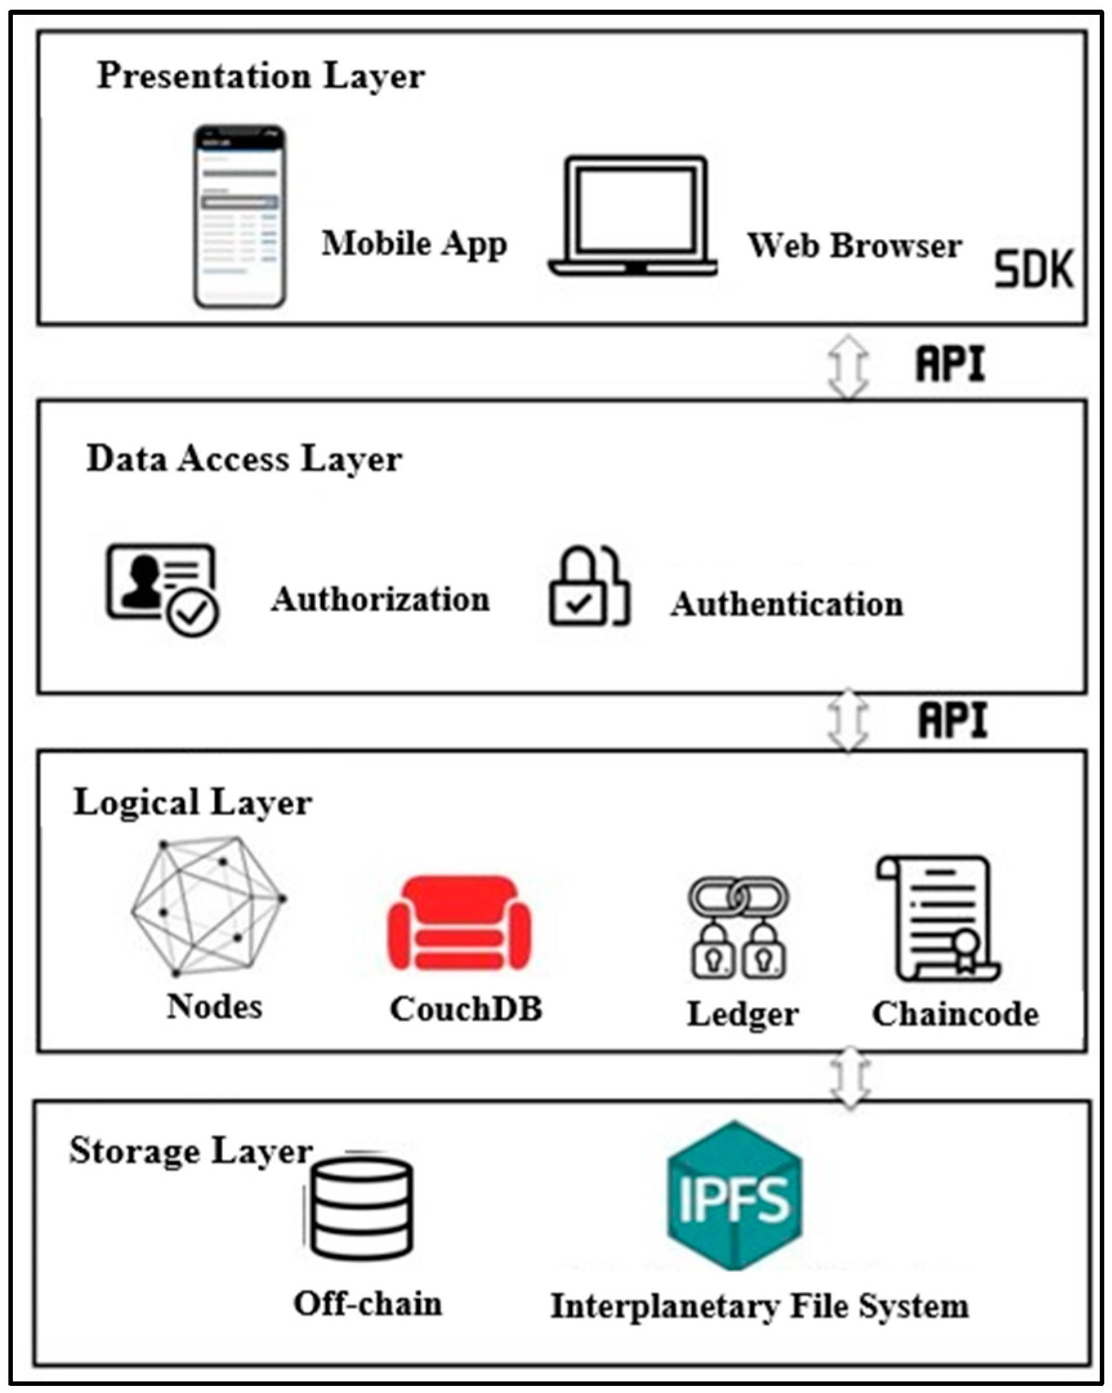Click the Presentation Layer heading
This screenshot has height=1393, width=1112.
pos(261,77)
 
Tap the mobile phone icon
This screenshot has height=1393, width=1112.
pos(240,216)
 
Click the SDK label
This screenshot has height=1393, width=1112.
pos(1033,269)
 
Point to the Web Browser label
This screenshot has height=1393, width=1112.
pos(854,246)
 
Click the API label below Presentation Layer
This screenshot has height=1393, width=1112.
pos(950,364)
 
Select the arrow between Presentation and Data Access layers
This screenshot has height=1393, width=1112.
pos(848,366)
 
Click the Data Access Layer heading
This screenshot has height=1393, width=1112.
pos(244,460)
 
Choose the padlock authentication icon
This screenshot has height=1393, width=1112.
pos(589,588)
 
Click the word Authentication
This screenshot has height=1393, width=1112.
pos(787,605)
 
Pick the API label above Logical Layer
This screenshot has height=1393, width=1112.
pos(953,720)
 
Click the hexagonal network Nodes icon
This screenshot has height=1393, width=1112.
pos(208,906)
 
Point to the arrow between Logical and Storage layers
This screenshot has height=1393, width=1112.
pos(850,1077)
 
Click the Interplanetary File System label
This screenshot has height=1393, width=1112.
pos(759,1307)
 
